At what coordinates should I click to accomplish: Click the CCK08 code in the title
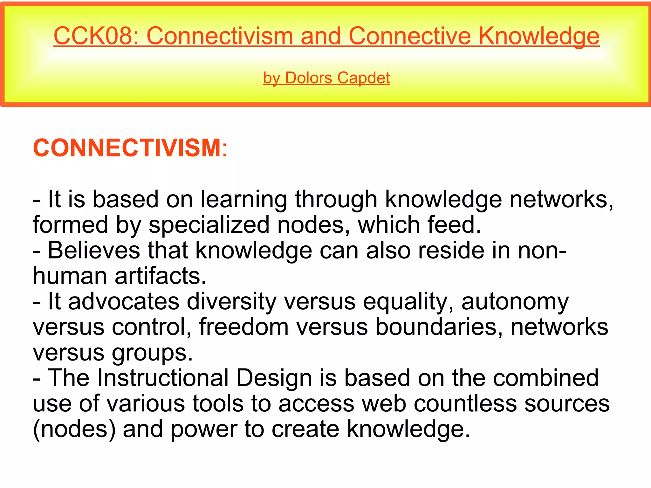click(94, 36)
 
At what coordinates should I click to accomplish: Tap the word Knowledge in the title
click(538, 36)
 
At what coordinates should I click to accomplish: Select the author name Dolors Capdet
click(337, 78)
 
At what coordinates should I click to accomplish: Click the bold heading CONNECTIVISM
click(127, 148)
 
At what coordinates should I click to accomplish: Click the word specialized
click(209, 225)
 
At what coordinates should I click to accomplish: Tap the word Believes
click(94, 251)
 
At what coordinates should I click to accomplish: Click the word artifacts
click(160, 276)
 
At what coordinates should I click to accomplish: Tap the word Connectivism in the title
click(220, 36)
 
